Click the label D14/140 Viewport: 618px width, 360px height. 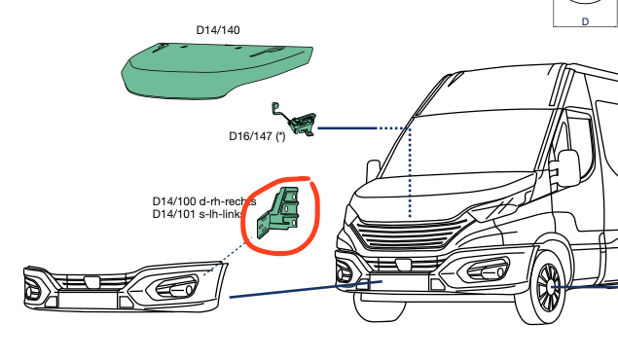(x=218, y=30)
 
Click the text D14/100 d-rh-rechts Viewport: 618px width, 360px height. (x=203, y=201)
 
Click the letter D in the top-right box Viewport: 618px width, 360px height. (x=585, y=20)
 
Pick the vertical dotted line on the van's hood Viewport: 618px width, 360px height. (x=410, y=175)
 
